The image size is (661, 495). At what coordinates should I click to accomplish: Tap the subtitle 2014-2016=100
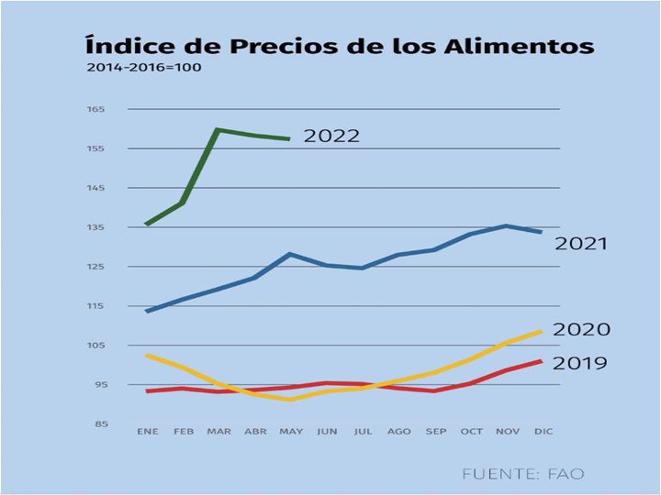pyautogui.click(x=144, y=68)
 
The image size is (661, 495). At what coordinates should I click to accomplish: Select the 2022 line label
pyautogui.click(x=331, y=137)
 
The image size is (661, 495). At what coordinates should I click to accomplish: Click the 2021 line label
pyautogui.click(x=581, y=244)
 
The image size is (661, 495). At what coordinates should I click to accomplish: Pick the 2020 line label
pyautogui.click(x=582, y=330)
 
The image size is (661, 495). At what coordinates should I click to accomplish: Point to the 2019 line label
pyautogui.click(x=581, y=363)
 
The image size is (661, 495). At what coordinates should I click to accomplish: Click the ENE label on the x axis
pyautogui.click(x=147, y=431)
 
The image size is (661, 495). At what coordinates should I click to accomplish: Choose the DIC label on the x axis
pyautogui.click(x=543, y=431)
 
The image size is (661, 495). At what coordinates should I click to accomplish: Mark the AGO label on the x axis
pyautogui.click(x=398, y=431)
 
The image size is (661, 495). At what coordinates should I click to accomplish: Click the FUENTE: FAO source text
pyautogui.click(x=522, y=474)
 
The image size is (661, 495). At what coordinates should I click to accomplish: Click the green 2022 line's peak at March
pyautogui.click(x=218, y=130)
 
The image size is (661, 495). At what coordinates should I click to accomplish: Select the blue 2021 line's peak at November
pyautogui.click(x=506, y=225)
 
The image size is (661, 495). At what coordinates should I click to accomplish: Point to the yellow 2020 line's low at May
pyautogui.click(x=290, y=399)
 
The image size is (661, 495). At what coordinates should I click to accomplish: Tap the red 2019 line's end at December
pyautogui.click(x=541, y=361)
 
